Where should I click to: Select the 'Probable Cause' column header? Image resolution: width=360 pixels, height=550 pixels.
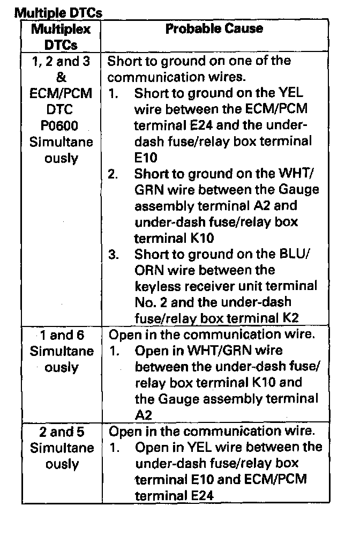pos(214,29)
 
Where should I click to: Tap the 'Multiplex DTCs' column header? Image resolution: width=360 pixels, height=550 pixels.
pos(61,36)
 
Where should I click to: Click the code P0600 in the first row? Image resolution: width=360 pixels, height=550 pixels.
pos(61,126)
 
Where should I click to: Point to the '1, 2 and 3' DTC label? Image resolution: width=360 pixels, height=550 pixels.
pos(61,61)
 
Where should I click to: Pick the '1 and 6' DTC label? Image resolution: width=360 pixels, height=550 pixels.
pos(61,336)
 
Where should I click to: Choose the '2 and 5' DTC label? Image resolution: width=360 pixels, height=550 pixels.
pos(61,432)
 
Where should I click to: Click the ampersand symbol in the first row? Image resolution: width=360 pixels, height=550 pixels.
pos(61,78)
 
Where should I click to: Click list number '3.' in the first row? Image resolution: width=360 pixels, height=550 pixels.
pos(114,255)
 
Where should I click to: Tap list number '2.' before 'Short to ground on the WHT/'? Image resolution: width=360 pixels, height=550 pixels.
pos(114,174)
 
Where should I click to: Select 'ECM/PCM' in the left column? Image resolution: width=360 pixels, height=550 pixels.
pos(61,94)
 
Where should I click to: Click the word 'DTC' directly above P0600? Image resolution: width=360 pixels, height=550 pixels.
pos(61,110)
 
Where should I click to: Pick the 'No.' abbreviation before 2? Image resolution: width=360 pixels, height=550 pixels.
pos(145,303)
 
